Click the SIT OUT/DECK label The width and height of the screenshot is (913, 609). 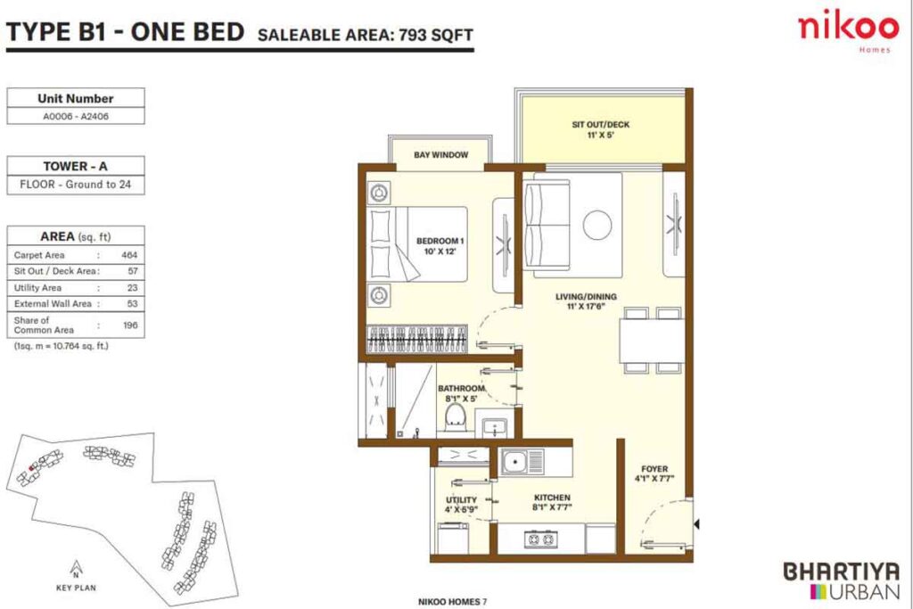pos(600,130)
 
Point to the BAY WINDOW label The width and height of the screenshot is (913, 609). pos(440,155)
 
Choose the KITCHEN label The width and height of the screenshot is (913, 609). pos(553,503)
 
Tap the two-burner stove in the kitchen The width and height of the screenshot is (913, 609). pos(539,538)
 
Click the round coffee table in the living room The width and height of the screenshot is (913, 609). pos(596,224)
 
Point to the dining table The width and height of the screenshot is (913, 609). pos(654,340)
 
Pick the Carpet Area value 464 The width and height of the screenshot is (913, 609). pos(127,255)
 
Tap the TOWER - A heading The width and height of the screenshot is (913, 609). pos(75,166)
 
